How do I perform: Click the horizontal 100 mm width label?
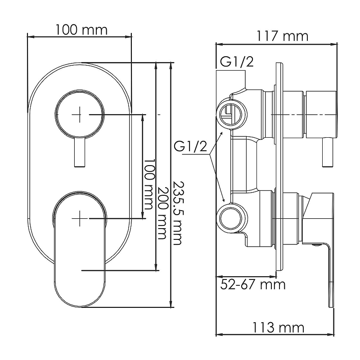(81, 30)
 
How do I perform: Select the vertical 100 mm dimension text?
(149, 186)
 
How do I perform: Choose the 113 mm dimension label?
(278, 327)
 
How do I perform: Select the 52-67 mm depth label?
(253, 284)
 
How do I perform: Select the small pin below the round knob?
(79, 153)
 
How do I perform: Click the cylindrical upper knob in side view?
(320, 114)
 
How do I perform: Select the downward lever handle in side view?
(331, 270)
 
